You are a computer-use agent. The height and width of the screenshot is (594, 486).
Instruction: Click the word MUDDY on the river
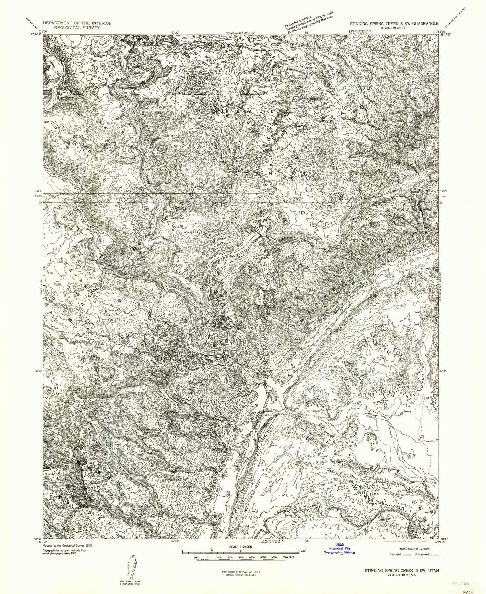(x=271, y=410)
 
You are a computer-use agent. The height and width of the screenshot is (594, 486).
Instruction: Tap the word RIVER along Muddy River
(x=357, y=405)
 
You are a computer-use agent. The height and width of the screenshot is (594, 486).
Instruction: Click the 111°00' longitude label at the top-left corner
(x=41, y=32)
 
